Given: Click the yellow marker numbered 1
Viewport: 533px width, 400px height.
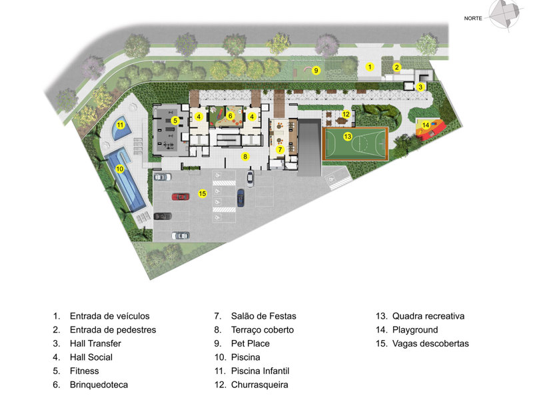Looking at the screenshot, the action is point(370,67).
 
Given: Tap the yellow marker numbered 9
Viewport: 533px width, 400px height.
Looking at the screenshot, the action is point(316,71).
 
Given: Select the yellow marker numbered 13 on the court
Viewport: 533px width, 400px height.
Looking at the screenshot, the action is point(347,137).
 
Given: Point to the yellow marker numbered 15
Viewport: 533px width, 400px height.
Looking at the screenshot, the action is point(203,193).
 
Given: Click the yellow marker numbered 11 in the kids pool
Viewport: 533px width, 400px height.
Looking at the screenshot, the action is point(120,125).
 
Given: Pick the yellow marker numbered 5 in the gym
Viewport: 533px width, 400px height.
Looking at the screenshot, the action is point(175,121).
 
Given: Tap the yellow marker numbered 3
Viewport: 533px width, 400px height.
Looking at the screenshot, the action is point(420,87).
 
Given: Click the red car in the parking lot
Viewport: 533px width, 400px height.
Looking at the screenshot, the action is point(181,197).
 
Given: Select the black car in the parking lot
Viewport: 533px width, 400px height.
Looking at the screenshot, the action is point(163,216).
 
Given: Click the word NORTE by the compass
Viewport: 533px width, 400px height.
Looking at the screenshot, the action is point(473,19).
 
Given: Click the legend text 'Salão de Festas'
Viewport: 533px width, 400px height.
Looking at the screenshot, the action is point(263,316).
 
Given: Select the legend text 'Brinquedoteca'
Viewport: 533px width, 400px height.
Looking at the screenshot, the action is point(99,385).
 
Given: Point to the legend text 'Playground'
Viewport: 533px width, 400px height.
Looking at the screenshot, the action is point(415,330).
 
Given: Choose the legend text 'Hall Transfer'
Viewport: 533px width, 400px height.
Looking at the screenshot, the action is point(95,343).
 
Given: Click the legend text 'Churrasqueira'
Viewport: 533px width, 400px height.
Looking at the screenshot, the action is point(260,385).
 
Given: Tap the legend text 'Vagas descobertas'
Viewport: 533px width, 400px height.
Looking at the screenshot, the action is point(430,343).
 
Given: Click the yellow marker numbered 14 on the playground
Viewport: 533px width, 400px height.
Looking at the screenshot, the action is point(426,125).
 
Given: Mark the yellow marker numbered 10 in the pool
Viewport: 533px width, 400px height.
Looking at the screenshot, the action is point(120,169).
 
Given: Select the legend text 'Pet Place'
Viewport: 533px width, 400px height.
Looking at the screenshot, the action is point(251,343).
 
